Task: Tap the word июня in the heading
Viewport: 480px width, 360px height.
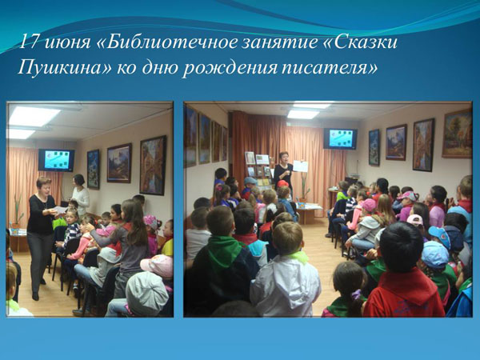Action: [68, 43]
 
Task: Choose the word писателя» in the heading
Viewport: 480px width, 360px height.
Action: [330, 68]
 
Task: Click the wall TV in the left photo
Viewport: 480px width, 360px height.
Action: [56, 160]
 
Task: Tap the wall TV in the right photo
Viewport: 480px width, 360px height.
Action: [341, 138]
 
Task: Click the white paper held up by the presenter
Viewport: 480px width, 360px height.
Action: [300, 166]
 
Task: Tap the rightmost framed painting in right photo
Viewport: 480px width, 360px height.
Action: [457, 134]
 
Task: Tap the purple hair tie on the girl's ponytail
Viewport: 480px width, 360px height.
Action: [356, 294]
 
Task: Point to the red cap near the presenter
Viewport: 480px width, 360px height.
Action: [282, 183]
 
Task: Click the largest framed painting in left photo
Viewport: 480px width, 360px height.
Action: [153, 166]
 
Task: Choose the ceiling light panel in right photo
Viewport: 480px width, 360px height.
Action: [303, 114]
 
